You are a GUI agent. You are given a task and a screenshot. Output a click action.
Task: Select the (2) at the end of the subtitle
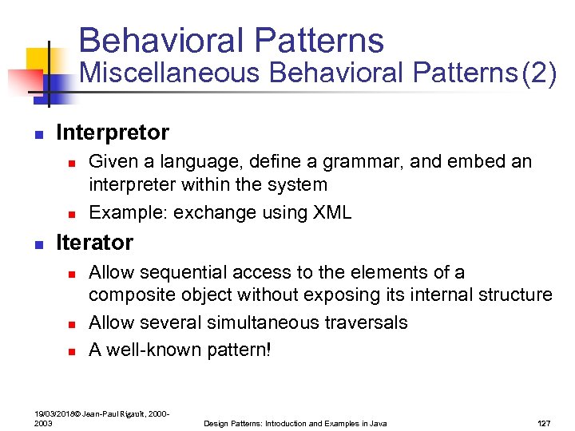[x=537, y=73]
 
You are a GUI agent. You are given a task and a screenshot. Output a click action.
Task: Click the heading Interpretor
[x=113, y=132]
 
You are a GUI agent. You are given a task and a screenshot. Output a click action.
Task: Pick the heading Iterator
[x=94, y=242]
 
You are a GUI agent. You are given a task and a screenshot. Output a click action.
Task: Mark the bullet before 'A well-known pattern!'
[x=70, y=351]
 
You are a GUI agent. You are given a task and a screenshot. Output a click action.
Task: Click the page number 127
[x=544, y=423]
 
